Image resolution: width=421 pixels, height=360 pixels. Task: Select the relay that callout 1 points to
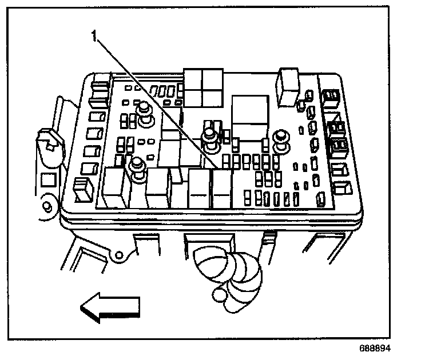point(220,189)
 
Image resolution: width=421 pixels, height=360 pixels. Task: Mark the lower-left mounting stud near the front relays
point(137,169)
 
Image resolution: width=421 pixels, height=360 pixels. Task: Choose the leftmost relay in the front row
point(115,186)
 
